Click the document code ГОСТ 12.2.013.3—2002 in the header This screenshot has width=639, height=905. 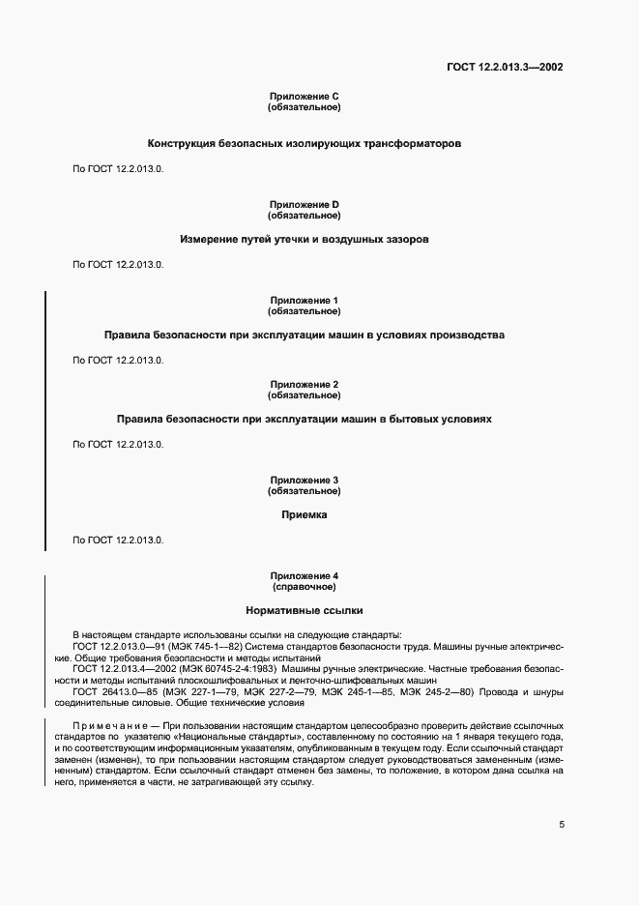click(x=505, y=68)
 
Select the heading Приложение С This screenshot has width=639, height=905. click(x=304, y=97)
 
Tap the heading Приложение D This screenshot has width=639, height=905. click(x=304, y=204)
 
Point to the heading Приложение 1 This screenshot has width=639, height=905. click(x=304, y=300)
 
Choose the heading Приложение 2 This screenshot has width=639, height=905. click(x=304, y=384)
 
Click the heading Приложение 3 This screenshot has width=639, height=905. click(x=304, y=480)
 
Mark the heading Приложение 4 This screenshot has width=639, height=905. click(x=304, y=575)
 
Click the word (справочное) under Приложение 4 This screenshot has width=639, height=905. click(x=304, y=587)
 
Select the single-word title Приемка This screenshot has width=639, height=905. click(x=304, y=515)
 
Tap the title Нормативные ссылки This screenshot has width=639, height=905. click(x=304, y=611)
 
